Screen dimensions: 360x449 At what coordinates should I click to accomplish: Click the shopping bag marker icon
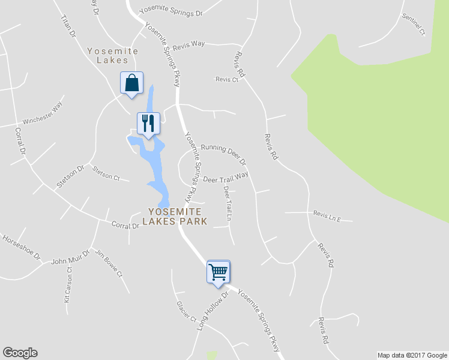pos(132,83)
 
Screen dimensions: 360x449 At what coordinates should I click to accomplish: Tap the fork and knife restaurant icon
pos(148,123)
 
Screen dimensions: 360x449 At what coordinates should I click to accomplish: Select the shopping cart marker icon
pos(218,271)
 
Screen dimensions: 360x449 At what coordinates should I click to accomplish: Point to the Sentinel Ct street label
pos(414,23)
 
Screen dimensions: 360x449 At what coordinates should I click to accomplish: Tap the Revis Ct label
pos(226,79)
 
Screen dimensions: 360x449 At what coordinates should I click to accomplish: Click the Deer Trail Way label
pos(226,178)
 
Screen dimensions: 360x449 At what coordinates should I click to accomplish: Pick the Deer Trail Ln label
pos(228,206)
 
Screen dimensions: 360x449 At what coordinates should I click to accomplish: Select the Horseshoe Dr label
pos(21,247)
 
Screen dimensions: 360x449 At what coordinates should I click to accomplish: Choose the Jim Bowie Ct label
pos(109,266)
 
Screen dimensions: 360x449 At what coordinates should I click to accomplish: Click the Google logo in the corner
pos(20,353)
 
